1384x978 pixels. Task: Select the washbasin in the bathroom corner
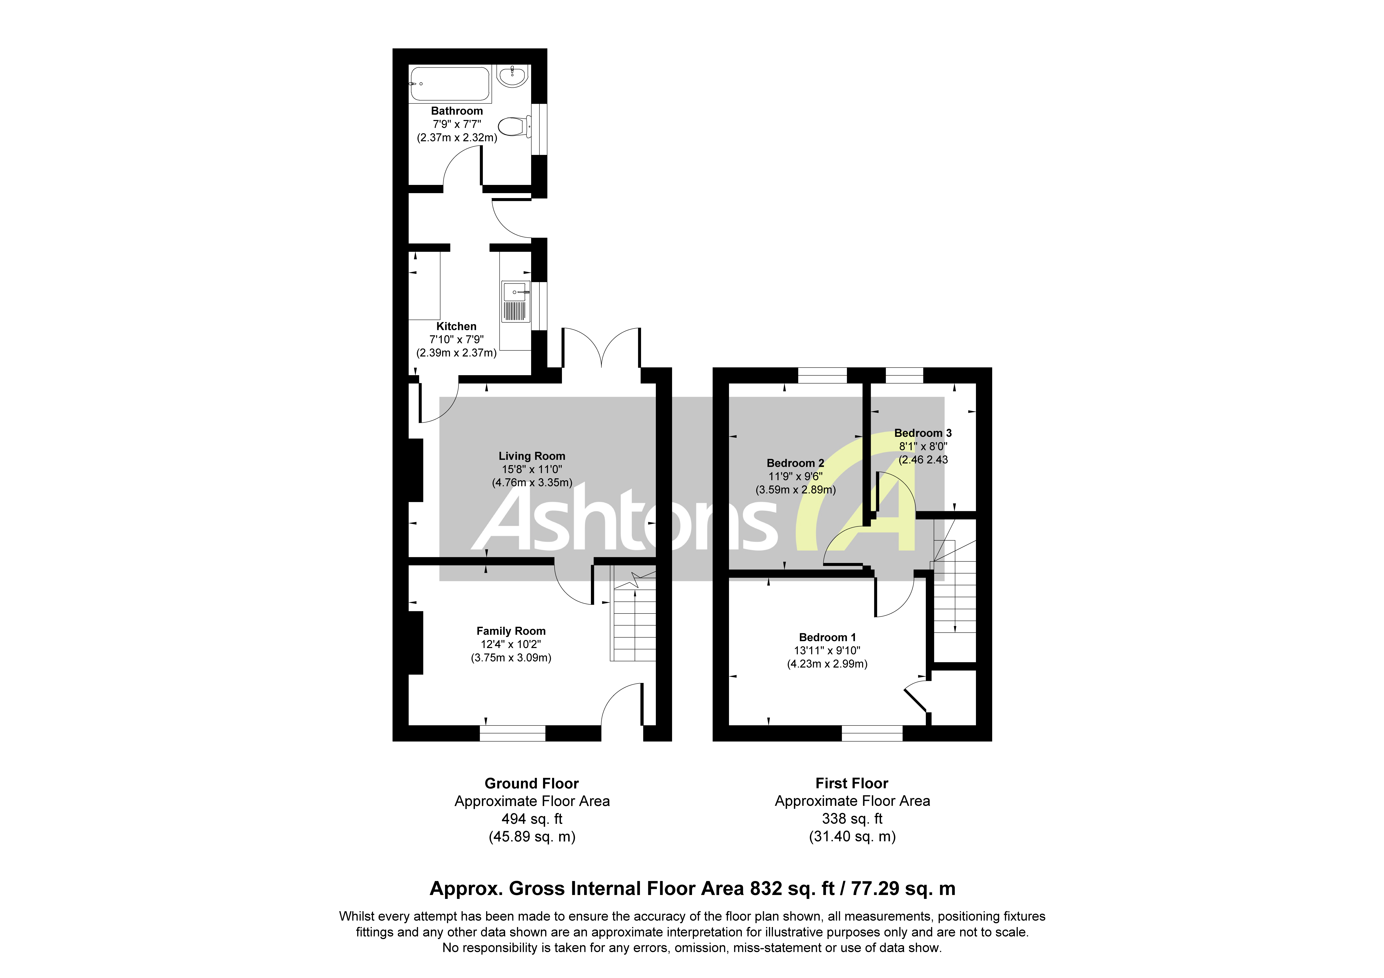[x=513, y=77]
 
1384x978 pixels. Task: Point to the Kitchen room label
[x=456, y=326]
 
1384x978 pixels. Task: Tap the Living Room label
[x=532, y=457]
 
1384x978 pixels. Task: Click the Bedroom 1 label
[x=827, y=637]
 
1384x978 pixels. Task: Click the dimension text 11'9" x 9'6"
[x=795, y=476]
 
